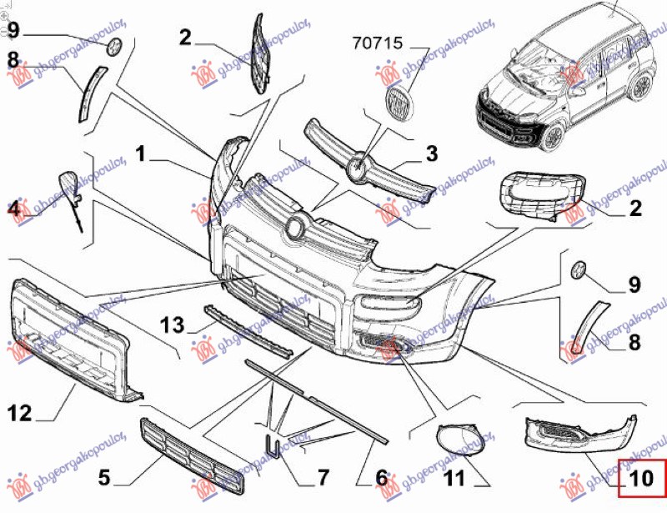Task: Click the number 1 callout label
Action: click(142, 154)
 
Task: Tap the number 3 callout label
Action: click(430, 153)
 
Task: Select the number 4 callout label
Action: click(14, 210)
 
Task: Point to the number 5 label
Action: click(103, 478)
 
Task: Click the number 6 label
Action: click(381, 478)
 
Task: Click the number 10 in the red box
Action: click(641, 479)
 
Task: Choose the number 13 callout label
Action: click(171, 323)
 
